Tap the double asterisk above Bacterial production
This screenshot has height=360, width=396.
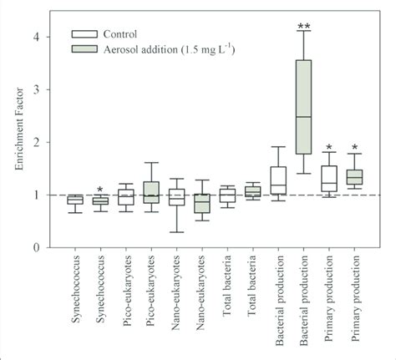coord(303,26)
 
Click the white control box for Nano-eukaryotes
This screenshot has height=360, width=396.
coord(176,197)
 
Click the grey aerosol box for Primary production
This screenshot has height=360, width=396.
coord(353,177)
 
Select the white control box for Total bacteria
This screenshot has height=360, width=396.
coord(227,195)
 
